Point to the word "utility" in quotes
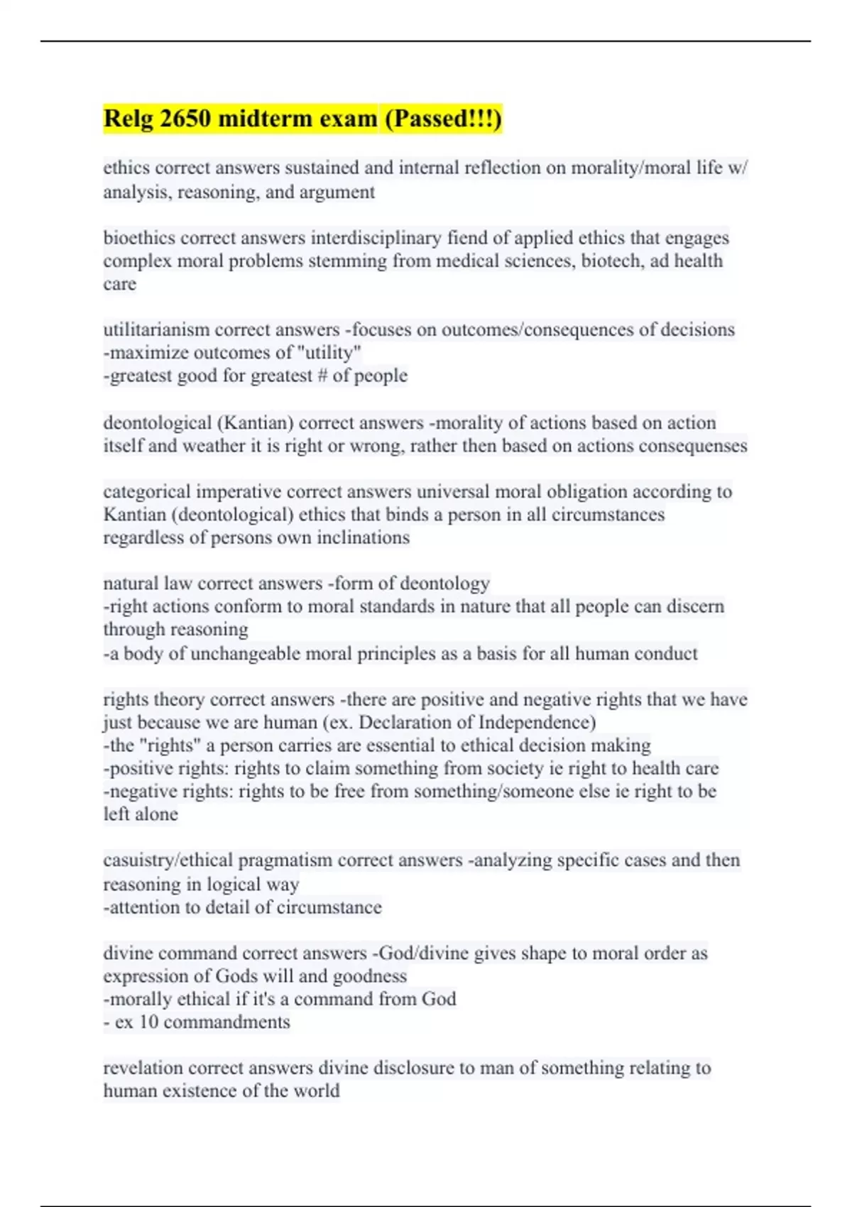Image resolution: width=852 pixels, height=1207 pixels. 327,353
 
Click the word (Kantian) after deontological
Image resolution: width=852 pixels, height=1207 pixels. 255,423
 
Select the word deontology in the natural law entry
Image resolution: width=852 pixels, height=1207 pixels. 445,584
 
